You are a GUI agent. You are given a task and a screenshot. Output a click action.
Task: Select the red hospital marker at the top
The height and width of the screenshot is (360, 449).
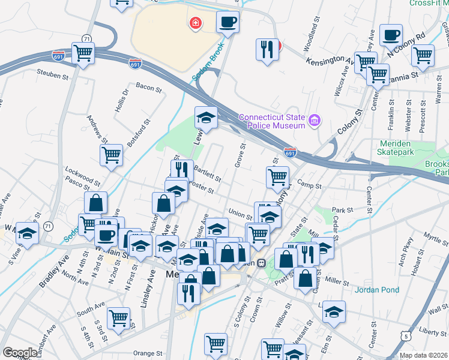coord(195,23)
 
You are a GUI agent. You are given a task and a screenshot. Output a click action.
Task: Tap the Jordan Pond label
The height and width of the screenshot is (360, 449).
coord(377,290)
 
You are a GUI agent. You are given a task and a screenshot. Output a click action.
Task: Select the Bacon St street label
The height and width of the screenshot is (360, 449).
coord(149,88)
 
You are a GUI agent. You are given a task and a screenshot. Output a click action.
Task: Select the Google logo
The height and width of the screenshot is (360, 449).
coord(20,353)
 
